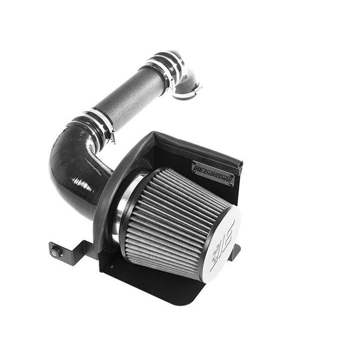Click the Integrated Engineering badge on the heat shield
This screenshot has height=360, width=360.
212,173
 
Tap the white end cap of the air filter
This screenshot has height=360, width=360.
221,243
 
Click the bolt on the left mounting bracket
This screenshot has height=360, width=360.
54,252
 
